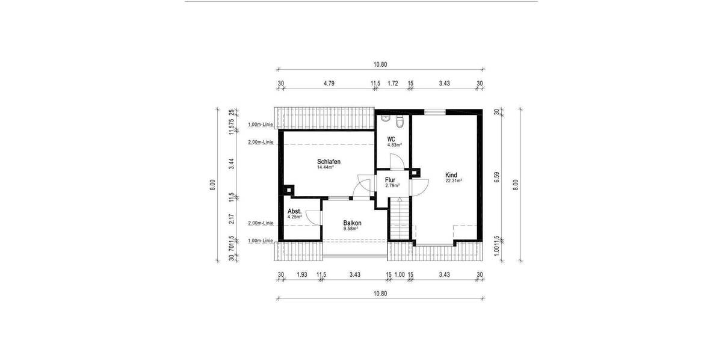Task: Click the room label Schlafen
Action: click(329, 162)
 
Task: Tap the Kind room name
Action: click(451, 174)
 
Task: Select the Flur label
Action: click(390, 179)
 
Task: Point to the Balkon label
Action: click(352, 222)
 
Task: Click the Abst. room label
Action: click(294, 212)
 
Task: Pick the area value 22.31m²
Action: click(453, 180)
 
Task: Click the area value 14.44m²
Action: click(326, 168)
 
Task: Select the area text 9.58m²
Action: click(351, 229)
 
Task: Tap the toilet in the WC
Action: click(399, 122)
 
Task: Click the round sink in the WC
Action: click(385, 119)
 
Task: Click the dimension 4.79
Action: click(329, 84)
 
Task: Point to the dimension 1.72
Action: click(393, 84)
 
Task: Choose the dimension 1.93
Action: click(301, 275)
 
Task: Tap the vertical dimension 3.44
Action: click(231, 162)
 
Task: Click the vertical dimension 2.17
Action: click(231, 219)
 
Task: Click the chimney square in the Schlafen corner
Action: click(288, 190)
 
